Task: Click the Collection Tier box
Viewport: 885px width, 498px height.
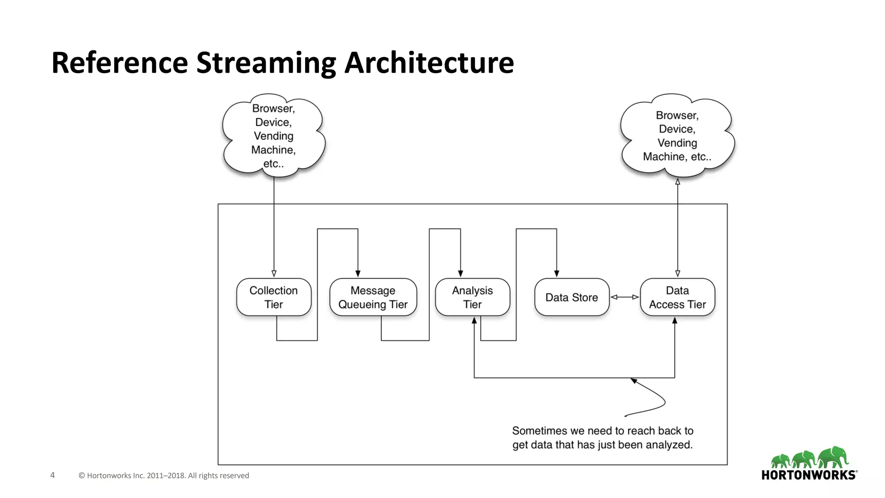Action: tap(274, 297)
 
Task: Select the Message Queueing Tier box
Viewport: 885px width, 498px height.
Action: tap(373, 297)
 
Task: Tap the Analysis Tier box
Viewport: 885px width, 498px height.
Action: tap(472, 297)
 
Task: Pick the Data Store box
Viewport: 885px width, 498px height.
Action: tap(571, 297)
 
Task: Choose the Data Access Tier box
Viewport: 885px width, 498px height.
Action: tap(677, 297)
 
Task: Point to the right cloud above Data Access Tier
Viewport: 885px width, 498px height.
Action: tap(677, 136)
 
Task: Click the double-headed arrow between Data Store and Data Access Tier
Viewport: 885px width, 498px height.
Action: tap(624, 297)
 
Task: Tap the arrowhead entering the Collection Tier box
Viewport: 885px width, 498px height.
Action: tap(274, 273)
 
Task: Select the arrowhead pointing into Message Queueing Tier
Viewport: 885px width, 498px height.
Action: tap(358, 273)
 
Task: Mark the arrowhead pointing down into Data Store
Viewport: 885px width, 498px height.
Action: tap(557, 273)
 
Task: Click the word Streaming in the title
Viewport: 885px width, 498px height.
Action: tap(266, 63)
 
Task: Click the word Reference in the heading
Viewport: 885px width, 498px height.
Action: tap(120, 63)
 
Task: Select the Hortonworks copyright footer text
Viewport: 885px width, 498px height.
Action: tap(164, 476)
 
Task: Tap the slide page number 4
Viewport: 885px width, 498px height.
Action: tap(53, 475)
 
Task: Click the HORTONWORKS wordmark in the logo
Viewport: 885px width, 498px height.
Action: tap(809, 475)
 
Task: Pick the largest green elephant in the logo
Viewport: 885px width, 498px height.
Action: tap(834, 457)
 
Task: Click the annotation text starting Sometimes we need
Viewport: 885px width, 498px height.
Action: tap(602, 437)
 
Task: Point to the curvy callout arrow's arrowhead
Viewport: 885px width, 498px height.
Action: tap(634, 380)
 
